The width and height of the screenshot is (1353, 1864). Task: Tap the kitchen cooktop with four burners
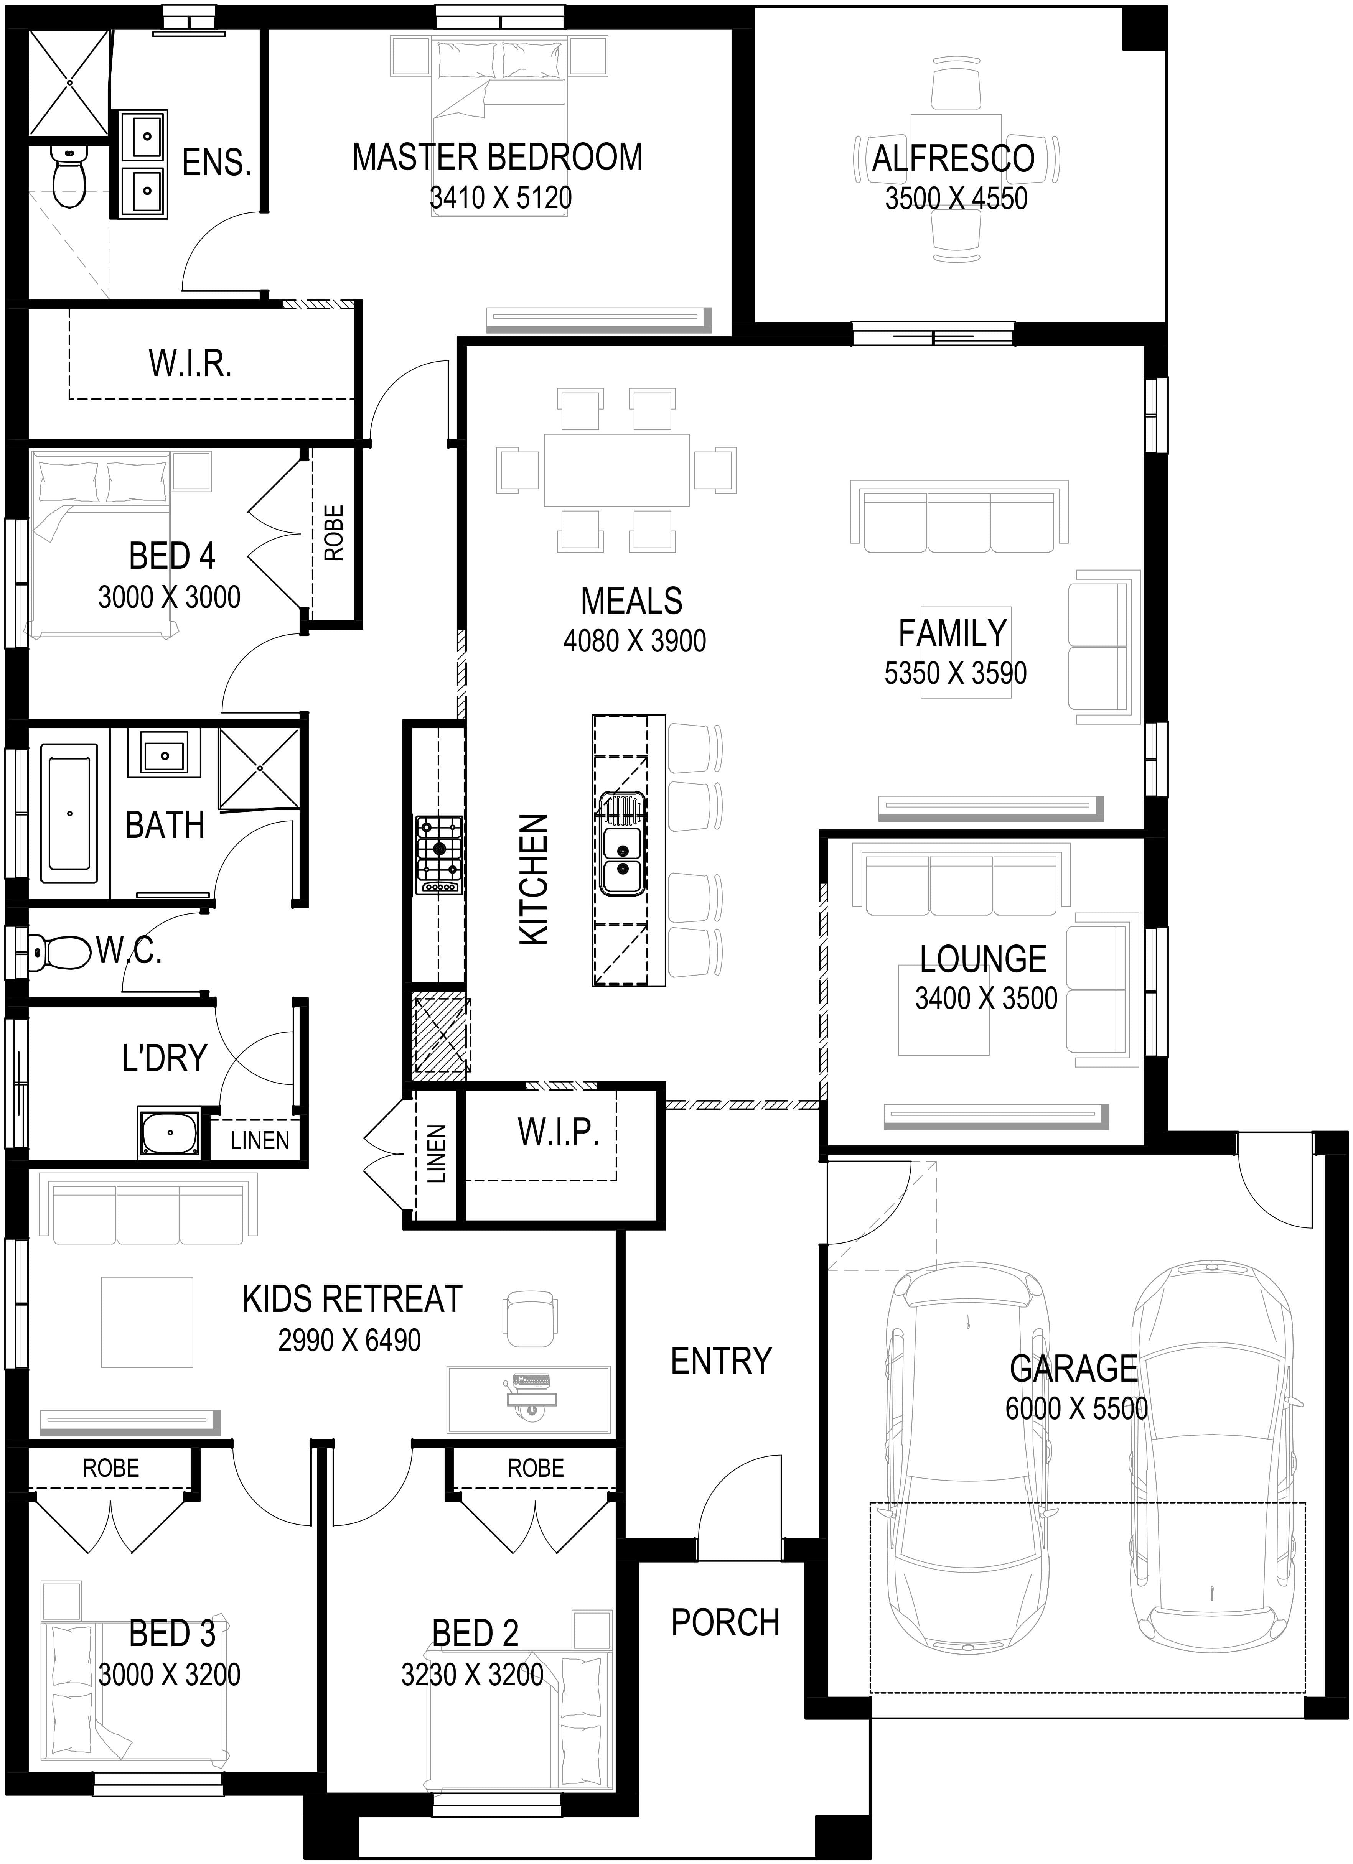tap(440, 855)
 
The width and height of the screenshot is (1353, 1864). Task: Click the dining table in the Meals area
tap(616, 470)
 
